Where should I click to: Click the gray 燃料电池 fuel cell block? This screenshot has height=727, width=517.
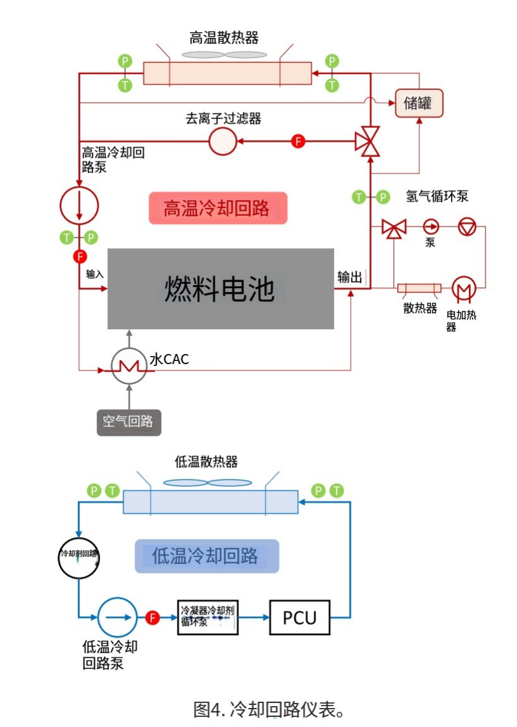point(220,289)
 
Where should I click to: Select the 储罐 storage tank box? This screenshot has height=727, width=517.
point(419,103)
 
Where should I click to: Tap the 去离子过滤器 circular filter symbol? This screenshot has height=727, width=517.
point(222,141)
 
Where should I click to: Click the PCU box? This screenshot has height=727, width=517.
point(300,617)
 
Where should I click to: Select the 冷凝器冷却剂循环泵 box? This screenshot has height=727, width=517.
point(207,616)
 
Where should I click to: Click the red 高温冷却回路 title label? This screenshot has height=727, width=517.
point(218,208)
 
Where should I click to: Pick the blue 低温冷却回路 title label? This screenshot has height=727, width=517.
point(207,556)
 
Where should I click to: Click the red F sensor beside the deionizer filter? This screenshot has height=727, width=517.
point(298,141)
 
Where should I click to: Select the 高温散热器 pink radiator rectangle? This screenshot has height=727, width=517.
point(227,73)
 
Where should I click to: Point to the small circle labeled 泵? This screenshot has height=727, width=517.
point(431,227)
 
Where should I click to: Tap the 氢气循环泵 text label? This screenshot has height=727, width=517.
point(437,196)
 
